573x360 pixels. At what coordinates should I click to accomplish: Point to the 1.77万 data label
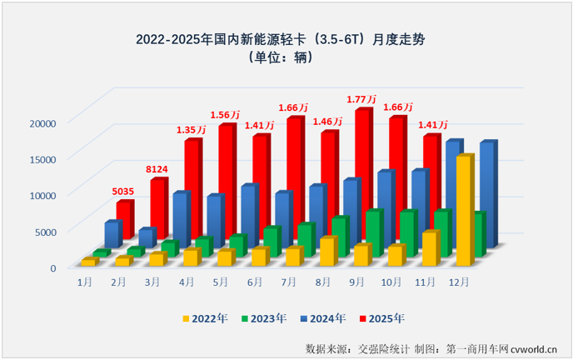click(x=362, y=100)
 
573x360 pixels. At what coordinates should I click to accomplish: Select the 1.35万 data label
click(x=192, y=131)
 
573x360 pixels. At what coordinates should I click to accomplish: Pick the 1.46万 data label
click(x=328, y=122)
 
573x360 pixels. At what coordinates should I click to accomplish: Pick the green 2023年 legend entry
click(x=264, y=317)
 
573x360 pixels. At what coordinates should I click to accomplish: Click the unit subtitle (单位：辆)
click(x=286, y=58)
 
